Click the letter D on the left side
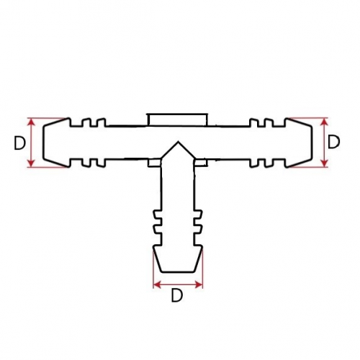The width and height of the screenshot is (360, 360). pyautogui.click(x=19, y=143)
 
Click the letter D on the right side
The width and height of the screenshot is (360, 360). pyautogui.click(x=333, y=142)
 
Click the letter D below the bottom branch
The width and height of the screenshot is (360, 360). pyautogui.click(x=177, y=295)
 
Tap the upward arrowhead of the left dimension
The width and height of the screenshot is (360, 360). pyautogui.click(x=32, y=122)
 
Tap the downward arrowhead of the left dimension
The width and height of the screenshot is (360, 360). pyautogui.click(x=32, y=163)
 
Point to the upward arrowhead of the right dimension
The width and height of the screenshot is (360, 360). pyautogui.click(x=325, y=122)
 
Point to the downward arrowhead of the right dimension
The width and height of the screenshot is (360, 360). pyautogui.click(x=325, y=163)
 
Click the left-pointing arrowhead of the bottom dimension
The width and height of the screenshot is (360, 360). pyautogui.click(x=157, y=285)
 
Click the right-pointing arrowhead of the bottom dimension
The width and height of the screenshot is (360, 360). pyautogui.click(x=199, y=285)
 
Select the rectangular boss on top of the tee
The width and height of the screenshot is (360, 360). pyautogui.click(x=177, y=120)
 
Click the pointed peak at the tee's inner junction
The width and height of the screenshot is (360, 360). pyautogui.click(x=178, y=142)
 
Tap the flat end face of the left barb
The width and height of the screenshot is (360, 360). pyautogui.click(x=43, y=143)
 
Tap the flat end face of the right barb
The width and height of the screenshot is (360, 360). pyautogui.click(x=312, y=142)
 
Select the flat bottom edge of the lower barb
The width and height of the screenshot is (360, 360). pyautogui.click(x=178, y=272)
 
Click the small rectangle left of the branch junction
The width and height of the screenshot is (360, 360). pyautogui.click(x=154, y=163)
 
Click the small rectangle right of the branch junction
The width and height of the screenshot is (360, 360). pyautogui.click(x=201, y=163)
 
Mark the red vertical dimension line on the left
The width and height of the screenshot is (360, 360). pyautogui.click(x=32, y=143)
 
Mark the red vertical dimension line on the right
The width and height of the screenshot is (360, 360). pyautogui.click(x=325, y=143)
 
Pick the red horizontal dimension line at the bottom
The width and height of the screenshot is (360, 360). pyautogui.click(x=178, y=285)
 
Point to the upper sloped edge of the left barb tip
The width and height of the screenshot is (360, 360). pyautogui.click(x=56, y=122)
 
